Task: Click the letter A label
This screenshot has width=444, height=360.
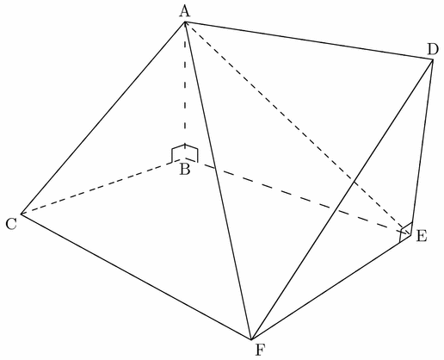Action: click(185, 12)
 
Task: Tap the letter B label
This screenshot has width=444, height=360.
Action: click(185, 170)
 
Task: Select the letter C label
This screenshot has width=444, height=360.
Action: click(11, 224)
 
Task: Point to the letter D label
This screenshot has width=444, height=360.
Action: click(433, 49)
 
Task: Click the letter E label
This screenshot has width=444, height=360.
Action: click(422, 236)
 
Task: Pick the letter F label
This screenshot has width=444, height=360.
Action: click(260, 350)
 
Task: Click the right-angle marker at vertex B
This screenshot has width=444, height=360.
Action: click(185, 153)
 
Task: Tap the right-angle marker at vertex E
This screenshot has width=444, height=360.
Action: click(406, 233)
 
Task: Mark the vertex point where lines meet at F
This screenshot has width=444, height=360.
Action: click(251, 339)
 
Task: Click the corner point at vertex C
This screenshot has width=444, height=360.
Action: click(21, 214)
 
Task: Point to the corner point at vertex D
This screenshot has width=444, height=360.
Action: click(432, 59)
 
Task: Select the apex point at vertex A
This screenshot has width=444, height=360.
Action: click(185, 22)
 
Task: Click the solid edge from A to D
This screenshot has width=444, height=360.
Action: click(309, 40)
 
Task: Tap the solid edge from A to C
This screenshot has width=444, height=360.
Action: click(103, 118)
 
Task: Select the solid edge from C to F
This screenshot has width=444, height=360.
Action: click(136, 276)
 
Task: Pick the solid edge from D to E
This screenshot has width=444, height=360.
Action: click(422, 147)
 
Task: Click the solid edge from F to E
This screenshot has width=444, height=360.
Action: click(331, 288)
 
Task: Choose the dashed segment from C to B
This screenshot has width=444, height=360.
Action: click(103, 186)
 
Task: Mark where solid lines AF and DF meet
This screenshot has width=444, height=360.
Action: click(251, 339)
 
